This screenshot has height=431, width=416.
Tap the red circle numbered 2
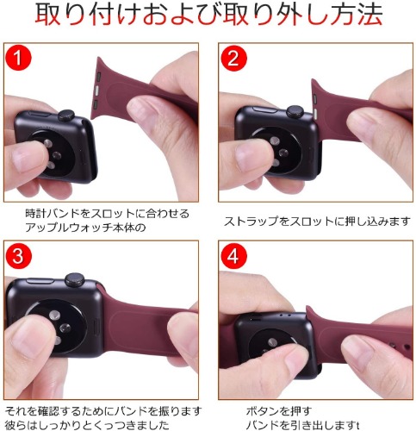[233, 58]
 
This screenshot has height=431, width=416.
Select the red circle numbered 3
[18, 255]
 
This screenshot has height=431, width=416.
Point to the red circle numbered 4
[233, 255]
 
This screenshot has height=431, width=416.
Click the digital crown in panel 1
[66, 116]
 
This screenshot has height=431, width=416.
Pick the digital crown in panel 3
[74, 279]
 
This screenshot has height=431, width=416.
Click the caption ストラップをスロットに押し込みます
[317, 221]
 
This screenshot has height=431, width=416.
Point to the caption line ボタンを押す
[279, 412]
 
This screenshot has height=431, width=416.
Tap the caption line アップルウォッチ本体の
[85, 228]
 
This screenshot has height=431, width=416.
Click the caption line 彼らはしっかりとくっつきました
[87, 425]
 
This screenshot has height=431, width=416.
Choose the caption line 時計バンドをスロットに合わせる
[108, 214]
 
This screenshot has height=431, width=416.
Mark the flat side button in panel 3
[40, 281]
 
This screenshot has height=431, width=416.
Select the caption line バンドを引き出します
[302, 425]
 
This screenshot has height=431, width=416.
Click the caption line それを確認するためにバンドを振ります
[103, 411]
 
